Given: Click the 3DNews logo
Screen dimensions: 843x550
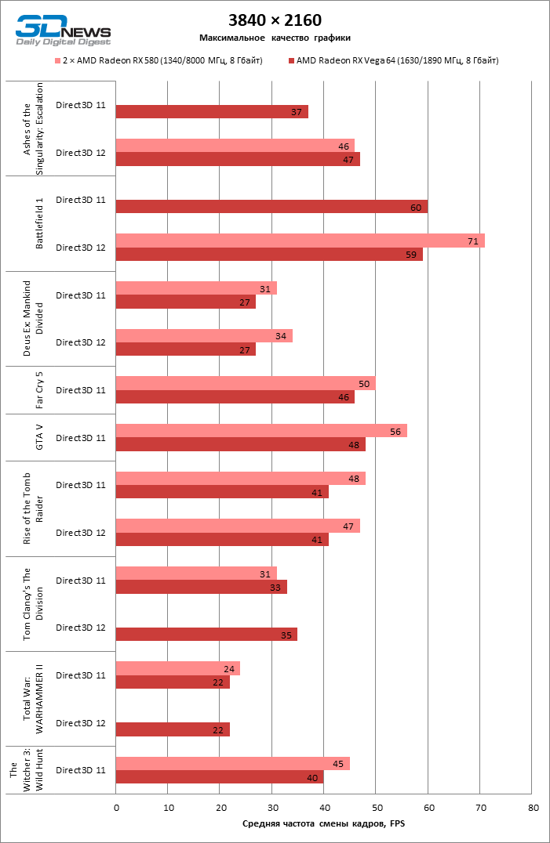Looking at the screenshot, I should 62,29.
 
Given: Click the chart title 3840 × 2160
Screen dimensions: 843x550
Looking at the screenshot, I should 275,20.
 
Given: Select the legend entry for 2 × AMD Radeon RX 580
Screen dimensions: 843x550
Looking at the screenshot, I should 158,60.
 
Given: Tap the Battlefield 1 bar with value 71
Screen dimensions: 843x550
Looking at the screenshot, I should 300,241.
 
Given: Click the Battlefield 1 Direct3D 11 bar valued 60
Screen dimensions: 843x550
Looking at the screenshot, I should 271,207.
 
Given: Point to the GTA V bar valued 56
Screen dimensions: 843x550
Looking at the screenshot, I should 260,431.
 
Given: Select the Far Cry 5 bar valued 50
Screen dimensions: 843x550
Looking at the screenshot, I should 245,383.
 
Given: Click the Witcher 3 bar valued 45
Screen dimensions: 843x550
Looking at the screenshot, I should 232,763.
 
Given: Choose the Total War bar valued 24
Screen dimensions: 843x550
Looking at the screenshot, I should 177,668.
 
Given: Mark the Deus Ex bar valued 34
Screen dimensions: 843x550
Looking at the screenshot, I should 204,335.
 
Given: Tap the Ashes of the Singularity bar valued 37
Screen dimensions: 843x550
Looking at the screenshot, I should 212,112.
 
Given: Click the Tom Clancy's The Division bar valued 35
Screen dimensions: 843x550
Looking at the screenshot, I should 206,635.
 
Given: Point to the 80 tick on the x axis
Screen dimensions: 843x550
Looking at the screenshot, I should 533,807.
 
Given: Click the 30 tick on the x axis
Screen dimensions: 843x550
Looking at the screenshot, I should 272,807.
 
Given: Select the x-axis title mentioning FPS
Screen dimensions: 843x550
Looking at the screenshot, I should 323,823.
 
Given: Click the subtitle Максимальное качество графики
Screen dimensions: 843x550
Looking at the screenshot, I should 275,38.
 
